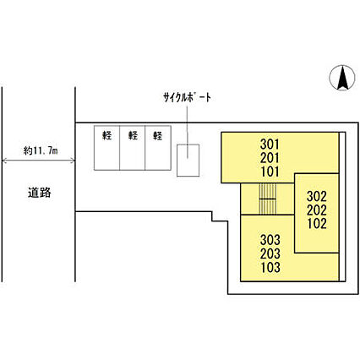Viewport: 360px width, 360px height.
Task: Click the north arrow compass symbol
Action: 342,78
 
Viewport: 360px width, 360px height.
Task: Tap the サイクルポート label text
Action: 187,97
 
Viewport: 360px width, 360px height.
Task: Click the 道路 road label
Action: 40,193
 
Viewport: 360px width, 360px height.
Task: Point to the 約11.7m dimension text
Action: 41,151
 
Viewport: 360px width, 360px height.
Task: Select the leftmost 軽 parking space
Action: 106,148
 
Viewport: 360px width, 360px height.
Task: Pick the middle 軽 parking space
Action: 133,148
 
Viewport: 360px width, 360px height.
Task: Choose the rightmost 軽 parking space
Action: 158,148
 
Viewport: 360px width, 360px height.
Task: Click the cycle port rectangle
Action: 188,161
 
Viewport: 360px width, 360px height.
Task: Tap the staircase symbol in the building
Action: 268,199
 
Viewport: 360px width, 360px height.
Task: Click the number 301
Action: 270,145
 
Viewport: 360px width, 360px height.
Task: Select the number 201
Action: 270,158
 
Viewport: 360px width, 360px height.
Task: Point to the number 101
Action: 270,172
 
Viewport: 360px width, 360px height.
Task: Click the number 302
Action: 317,196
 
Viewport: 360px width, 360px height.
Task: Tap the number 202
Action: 317,210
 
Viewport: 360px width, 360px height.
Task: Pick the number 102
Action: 317,224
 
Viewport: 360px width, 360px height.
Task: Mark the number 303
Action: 270,240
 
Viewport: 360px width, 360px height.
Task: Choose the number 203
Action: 270,254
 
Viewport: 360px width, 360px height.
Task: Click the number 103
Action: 270,267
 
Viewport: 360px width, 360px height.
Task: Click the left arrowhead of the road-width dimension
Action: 4,161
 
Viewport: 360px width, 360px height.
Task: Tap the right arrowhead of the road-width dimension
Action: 73,161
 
